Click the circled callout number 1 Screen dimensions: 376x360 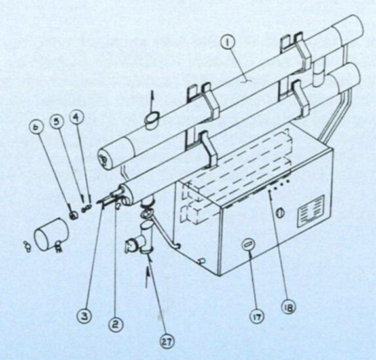pyautogui.click(x=227, y=43)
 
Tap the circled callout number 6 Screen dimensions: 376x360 pyautogui.click(x=36, y=127)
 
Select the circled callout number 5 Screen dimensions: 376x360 pyautogui.click(x=56, y=122)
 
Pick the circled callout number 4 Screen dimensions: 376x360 pyautogui.click(x=76, y=118)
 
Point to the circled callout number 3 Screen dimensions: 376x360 pyautogui.click(x=85, y=317)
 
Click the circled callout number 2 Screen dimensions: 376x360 pyautogui.click(x=116, y=325)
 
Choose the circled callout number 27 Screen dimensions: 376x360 pyautogui.click(x=167, y=342)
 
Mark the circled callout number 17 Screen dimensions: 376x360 pyautogui.click(x=257, y=316)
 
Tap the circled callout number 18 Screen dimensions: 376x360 pyautogui.click(x=288, y=307)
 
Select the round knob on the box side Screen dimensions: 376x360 pyautogui.click(x=280, y=213)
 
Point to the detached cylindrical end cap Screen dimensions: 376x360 pyautogui.click(x=52, y=234)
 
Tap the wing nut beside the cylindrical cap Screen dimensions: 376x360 pyautogui.click(x=27, y=247)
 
